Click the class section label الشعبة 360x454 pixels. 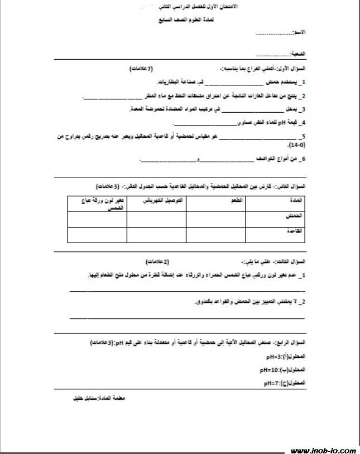tap(299, 54)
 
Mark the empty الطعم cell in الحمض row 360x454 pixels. tap(216, 219)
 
